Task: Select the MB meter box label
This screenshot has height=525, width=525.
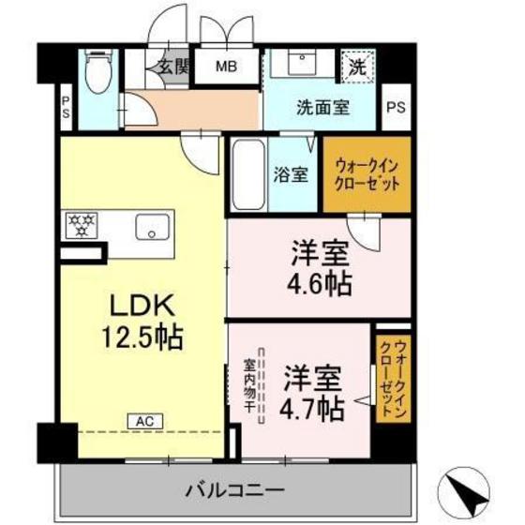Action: coord(227,67)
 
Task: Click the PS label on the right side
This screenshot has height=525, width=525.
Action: coord(397,107)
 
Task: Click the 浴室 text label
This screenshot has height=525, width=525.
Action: coord(291,174)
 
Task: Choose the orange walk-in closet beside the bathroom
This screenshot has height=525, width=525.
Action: coord(367,174)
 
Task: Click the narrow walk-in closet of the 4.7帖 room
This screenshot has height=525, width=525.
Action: coord(387,376)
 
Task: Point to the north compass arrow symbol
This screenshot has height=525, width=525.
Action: coord(471,489)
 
